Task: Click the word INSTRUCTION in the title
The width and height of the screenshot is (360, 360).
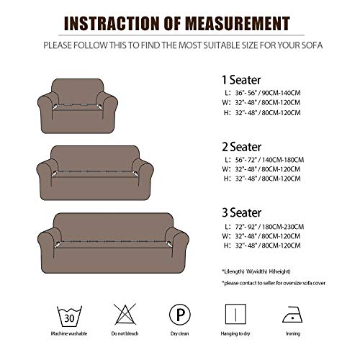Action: (114, 23)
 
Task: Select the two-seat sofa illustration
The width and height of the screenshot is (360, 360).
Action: (99, 171)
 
